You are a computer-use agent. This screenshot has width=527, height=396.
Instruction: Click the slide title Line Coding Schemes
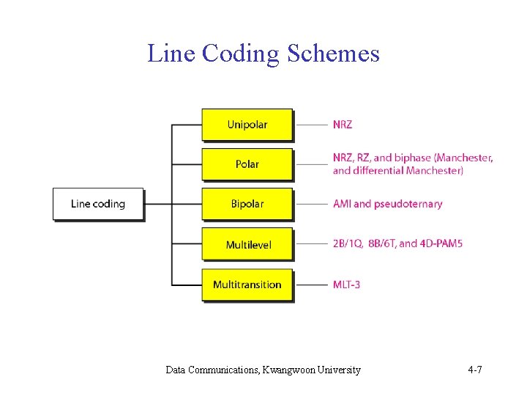(263, 54)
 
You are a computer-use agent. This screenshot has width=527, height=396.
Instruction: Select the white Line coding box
(98, 204)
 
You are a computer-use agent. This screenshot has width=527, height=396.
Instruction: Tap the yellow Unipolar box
(247, 125)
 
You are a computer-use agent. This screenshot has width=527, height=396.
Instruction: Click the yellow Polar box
(247, 164)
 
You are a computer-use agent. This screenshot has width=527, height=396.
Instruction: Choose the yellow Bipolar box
(247, 204)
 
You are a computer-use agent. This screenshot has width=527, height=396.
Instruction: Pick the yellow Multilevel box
(247, 244)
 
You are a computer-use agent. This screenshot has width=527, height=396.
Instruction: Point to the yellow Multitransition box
(247, 285)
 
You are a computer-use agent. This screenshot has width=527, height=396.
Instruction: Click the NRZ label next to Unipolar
(342, 125)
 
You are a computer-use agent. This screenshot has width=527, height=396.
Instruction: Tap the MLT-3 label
(346, 285)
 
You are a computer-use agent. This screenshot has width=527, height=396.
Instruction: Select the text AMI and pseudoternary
(387, 204)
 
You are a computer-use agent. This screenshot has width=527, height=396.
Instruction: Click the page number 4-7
(474, 370)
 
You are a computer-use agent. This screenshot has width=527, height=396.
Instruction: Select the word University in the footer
(343, 370)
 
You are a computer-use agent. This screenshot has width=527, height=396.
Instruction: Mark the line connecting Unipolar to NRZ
(312, 125)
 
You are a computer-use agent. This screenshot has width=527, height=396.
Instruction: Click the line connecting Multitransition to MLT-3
(312, 285)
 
